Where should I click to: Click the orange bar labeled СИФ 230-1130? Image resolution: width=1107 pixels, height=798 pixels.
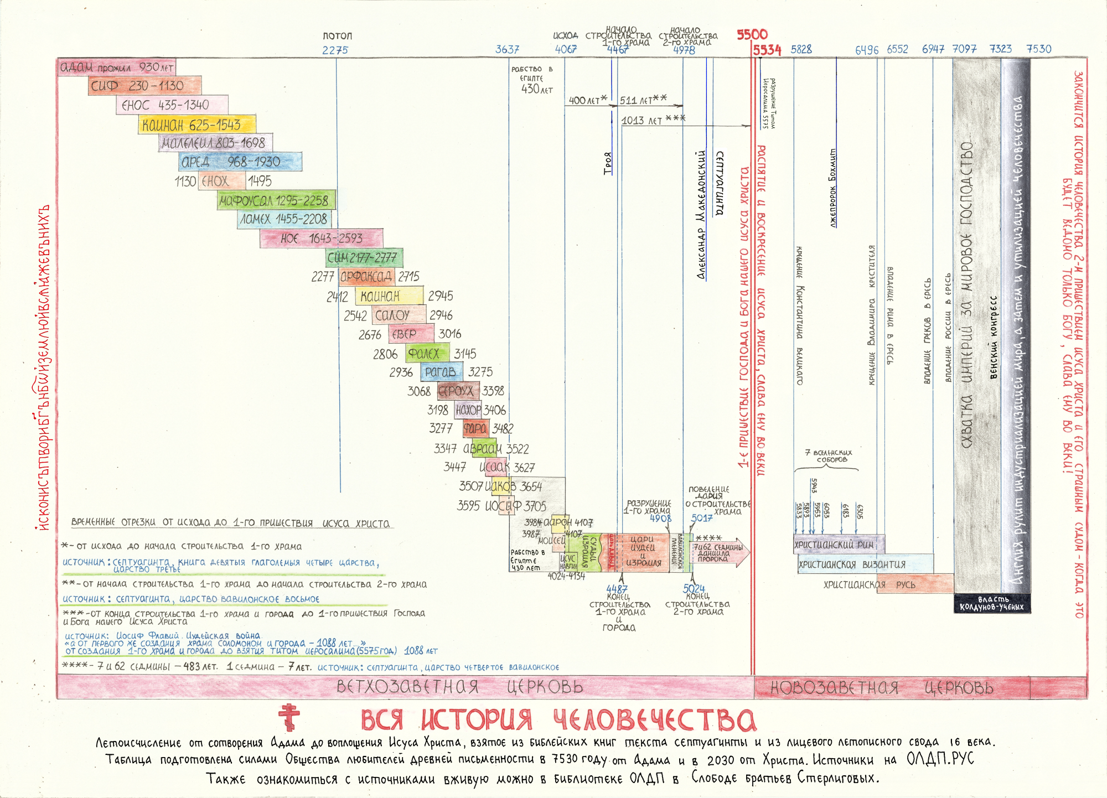(x=144, y=86)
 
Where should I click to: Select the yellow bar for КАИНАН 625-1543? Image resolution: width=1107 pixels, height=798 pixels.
(x=197, y=125)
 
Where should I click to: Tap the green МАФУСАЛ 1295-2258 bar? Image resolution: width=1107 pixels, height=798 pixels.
(x=276, y=200)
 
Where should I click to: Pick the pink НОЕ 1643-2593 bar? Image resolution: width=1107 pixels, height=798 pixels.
(x=321, y=239)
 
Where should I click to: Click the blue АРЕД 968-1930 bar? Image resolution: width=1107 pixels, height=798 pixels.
(x=241, y=162)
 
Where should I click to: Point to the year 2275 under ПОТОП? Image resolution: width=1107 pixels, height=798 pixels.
(x=335, y=50)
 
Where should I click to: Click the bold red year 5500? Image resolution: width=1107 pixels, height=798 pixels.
(x=752, y=34)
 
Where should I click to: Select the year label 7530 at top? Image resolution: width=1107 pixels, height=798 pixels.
(x=1038, y=49)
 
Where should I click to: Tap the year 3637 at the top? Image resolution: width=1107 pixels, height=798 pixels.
(x=507, y=50)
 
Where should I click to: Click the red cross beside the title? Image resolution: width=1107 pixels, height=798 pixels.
(x=289, y=718)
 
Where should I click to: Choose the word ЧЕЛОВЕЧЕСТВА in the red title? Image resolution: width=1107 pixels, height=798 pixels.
(x=654, y=720)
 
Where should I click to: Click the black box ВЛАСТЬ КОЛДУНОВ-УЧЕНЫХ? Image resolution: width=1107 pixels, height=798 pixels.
(x=992, y=604)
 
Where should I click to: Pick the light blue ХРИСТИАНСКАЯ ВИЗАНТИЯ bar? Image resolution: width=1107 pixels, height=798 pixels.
(x=865, y=564)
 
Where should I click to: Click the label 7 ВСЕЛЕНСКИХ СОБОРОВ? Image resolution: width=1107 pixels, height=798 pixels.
(x=828, y=456)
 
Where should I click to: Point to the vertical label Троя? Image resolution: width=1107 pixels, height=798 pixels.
(x=608, y=163)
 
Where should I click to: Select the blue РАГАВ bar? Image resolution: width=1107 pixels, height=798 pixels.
(x=441, y=372)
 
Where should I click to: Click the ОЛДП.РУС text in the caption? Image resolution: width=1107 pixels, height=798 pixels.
(x=940, y=759)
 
